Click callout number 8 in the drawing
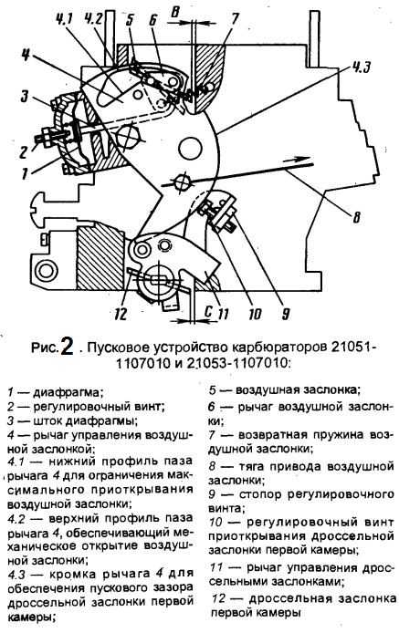tap(356, 217)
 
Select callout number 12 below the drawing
tap(121, 314)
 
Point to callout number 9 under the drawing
tap(286, 313)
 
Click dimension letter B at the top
tap(174, 13)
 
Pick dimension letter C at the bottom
tap(208, 311)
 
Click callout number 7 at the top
tap(235, 19)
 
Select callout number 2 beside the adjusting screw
tap(24, 151)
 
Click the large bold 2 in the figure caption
tap(67, 346)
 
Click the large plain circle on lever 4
tap(190, 148)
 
